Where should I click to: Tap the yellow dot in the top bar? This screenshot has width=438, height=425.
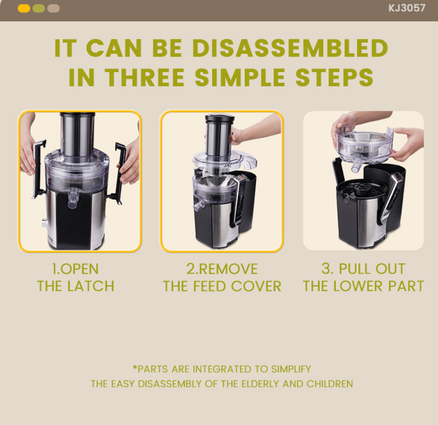click(x=24, y=8)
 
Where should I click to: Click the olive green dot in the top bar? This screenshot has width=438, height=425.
click(x=39, y=8)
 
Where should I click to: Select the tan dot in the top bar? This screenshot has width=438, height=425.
click(x=54, y=8)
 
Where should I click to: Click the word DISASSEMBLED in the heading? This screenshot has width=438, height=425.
click(x=290, y=49)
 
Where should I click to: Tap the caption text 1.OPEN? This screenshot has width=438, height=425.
click(x=75, y=269)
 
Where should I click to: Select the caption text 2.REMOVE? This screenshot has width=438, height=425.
click(x=222, y=269)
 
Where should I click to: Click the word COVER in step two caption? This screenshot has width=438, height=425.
click(x=256, y=286)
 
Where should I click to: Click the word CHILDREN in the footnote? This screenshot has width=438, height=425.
click(x=330, y=384)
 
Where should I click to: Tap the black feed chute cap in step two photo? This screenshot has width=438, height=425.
click(x=220, y=118)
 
